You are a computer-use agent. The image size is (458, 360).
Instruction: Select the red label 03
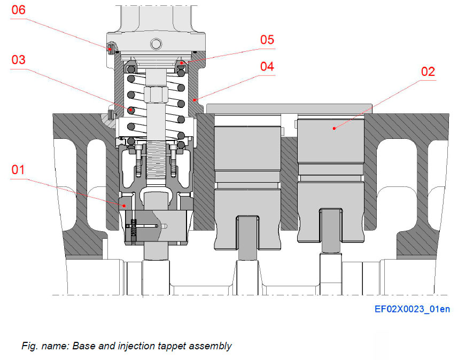click(x=18, y=59)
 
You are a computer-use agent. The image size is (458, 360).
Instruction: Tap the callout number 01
click(x=18, y=170)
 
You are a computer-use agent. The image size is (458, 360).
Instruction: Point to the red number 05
click(x=267, y=40)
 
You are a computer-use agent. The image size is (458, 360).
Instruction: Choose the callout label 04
click(x=267, y=66)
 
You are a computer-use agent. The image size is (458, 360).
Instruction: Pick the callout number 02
click(x=428, y=72)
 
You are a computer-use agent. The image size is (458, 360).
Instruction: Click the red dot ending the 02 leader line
click(x=334, y=128)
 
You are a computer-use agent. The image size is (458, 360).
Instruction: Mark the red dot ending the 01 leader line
click(x=124, y=204)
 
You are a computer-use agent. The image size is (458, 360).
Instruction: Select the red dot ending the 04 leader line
click(x=196, y=99)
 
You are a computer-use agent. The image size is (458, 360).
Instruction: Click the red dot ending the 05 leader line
click(x=182, y=63)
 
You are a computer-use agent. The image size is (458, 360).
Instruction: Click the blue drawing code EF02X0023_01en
click(x=412, y=310)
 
